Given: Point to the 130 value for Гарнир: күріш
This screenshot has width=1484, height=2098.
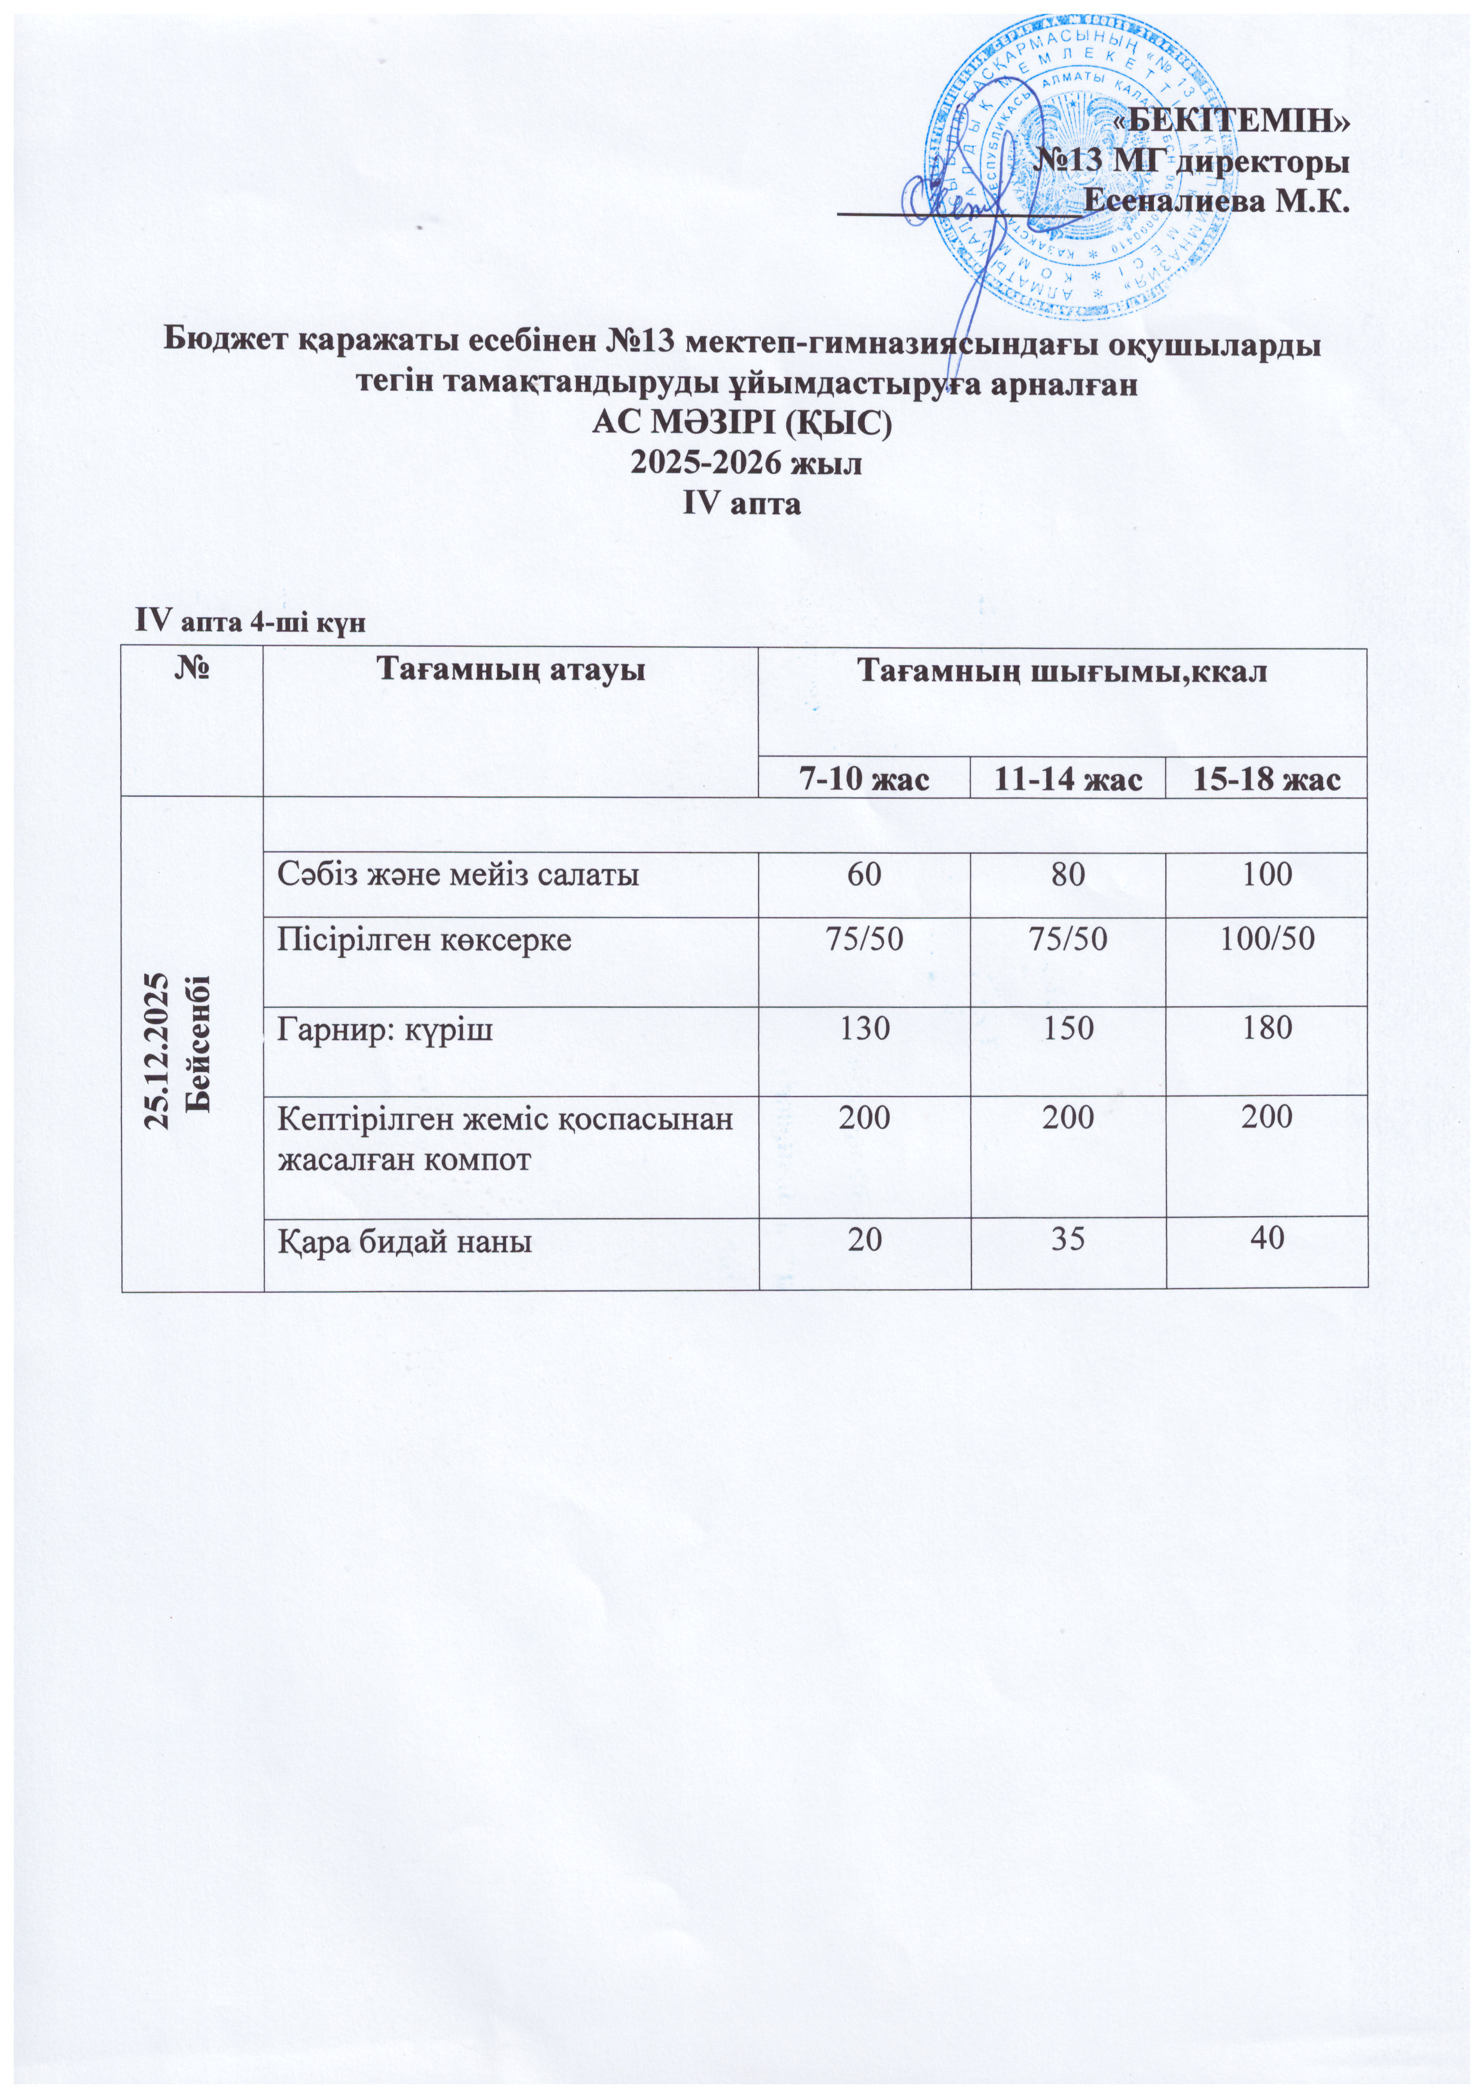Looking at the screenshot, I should pos(864,1029).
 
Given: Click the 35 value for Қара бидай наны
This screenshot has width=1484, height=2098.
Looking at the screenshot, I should pos(1067,1240).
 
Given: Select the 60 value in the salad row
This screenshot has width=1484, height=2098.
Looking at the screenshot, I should pos(864,875).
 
